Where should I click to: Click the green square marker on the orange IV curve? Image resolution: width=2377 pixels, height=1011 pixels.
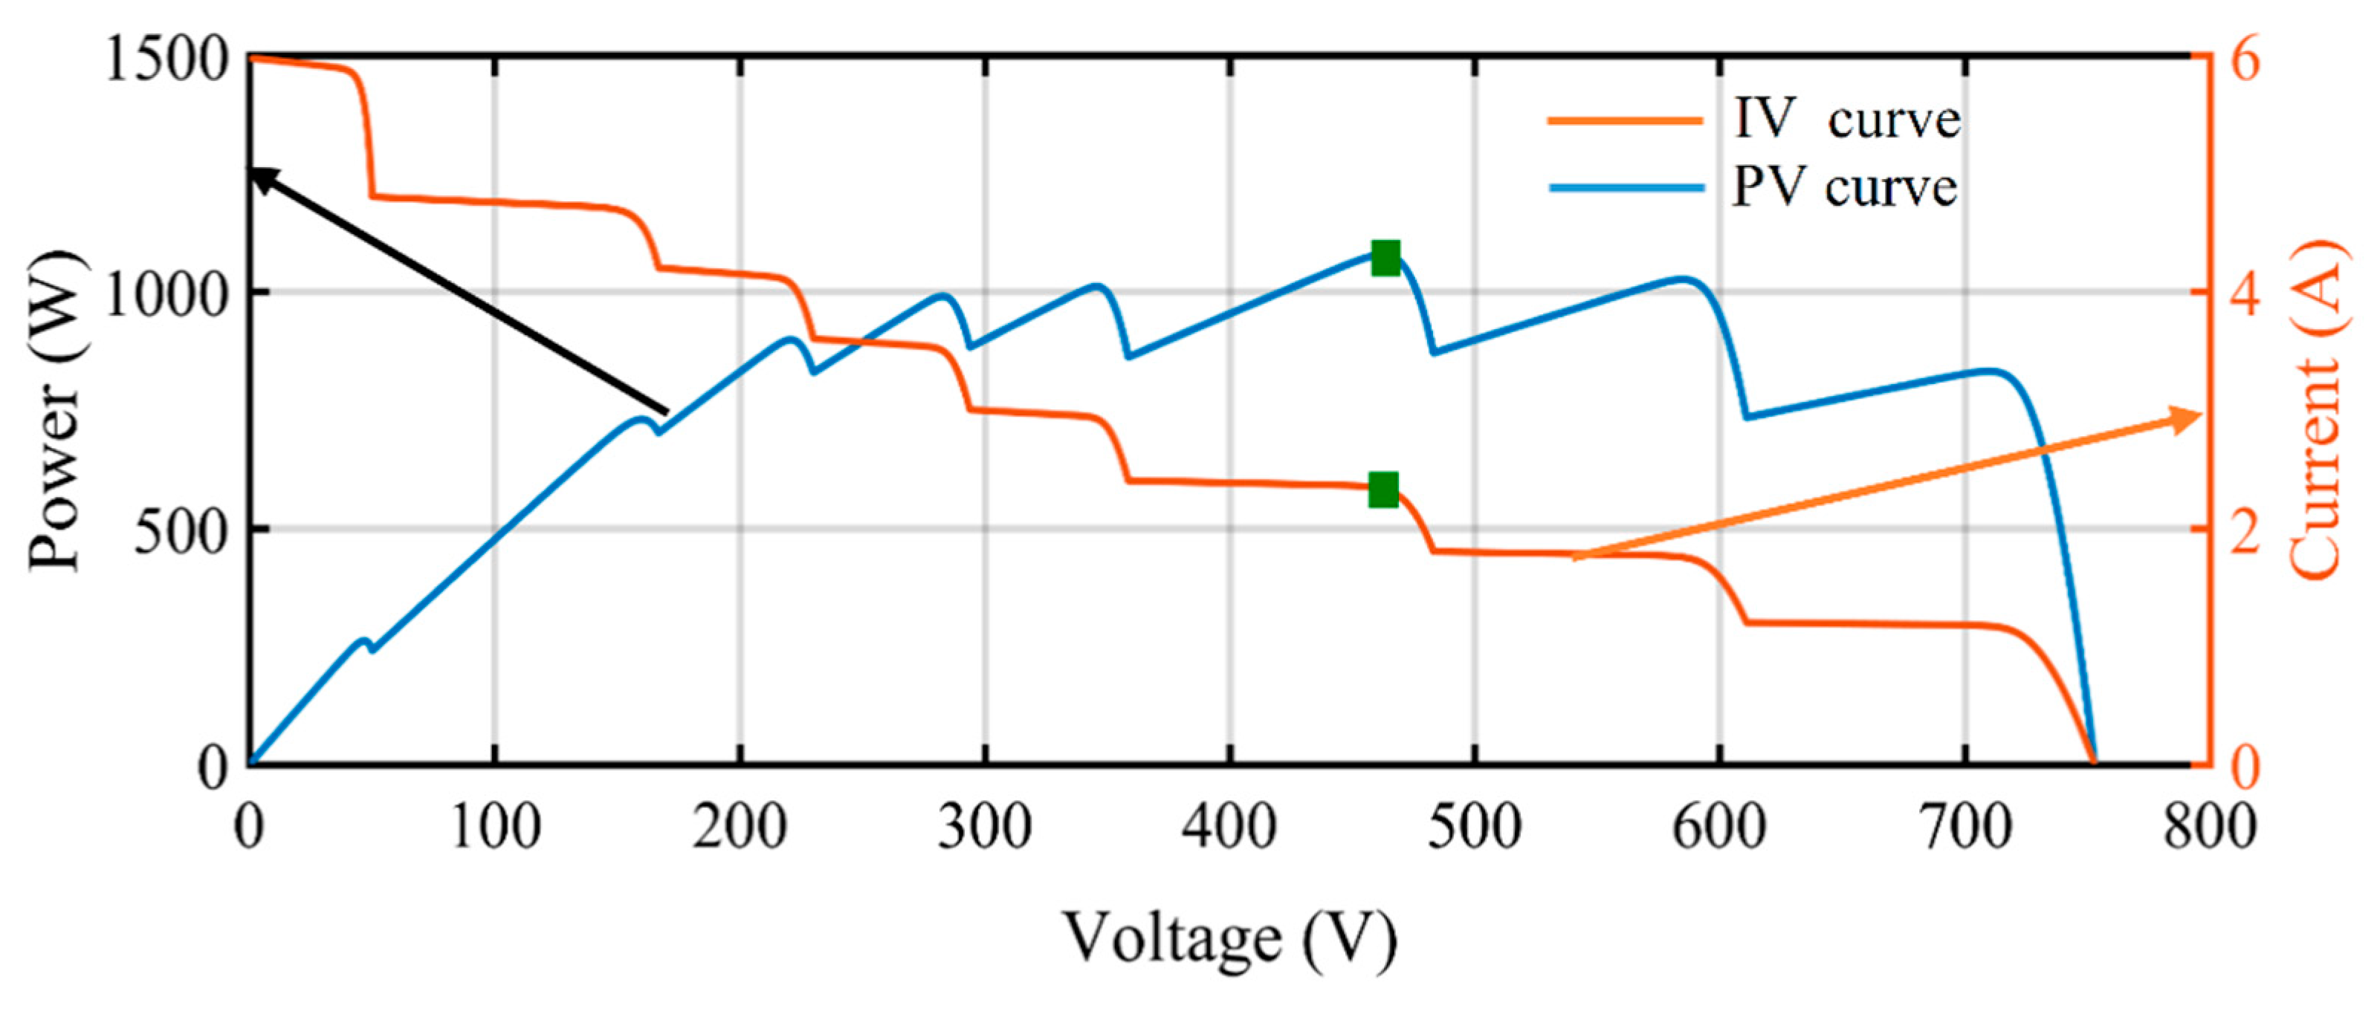(1383, 490)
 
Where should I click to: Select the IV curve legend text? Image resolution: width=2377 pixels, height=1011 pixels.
(1846, 120)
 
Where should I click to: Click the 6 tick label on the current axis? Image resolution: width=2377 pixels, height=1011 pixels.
(2243, 61)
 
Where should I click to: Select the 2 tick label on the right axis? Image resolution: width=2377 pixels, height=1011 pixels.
(2243, 533)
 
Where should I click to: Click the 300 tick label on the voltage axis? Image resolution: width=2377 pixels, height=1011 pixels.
(985, 828)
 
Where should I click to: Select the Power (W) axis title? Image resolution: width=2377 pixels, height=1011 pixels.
(55, 411)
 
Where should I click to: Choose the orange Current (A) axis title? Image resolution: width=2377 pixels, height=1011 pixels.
(2315, 411)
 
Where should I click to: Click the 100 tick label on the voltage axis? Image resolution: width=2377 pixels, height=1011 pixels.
(496, 828)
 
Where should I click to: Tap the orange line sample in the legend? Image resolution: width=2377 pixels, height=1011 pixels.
(1625, 120)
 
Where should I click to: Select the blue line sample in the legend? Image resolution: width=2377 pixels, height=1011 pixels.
(1625, 188)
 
